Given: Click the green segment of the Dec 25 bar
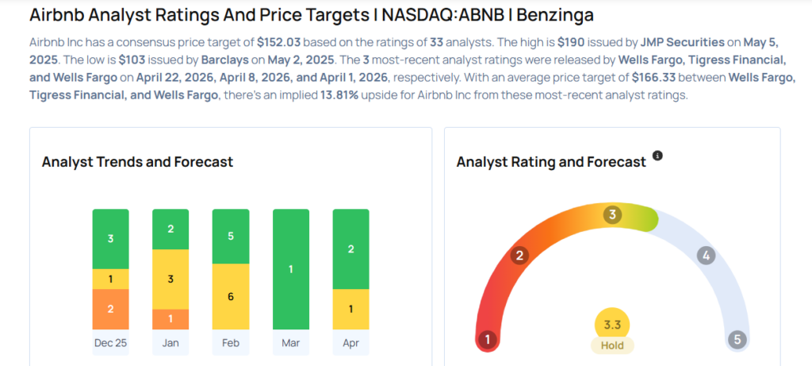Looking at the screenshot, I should [110, 239].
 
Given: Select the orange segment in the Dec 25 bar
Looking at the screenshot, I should [110, 309].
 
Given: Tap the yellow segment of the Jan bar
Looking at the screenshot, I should [170, 279].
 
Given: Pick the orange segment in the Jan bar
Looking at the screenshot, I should [170, 318].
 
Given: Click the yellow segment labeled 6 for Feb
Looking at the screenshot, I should [231, 296].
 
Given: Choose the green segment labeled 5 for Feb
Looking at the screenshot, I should [231, 236].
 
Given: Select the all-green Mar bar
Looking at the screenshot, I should [290, 269].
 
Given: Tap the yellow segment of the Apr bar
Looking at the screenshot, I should [350, 309].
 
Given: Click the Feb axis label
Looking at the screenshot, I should [231, 344].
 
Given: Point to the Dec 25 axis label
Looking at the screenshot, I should [110, 344].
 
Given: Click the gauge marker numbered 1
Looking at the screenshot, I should [488, 340].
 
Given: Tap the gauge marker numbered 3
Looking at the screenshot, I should [611, 215].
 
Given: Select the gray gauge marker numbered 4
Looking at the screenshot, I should [705, 256].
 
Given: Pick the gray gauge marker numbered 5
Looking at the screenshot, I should [737, 340].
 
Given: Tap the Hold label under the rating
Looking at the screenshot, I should [612, 345].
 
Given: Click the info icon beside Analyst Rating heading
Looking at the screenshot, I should [657, 156].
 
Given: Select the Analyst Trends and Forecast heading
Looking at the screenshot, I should [137, 162].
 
